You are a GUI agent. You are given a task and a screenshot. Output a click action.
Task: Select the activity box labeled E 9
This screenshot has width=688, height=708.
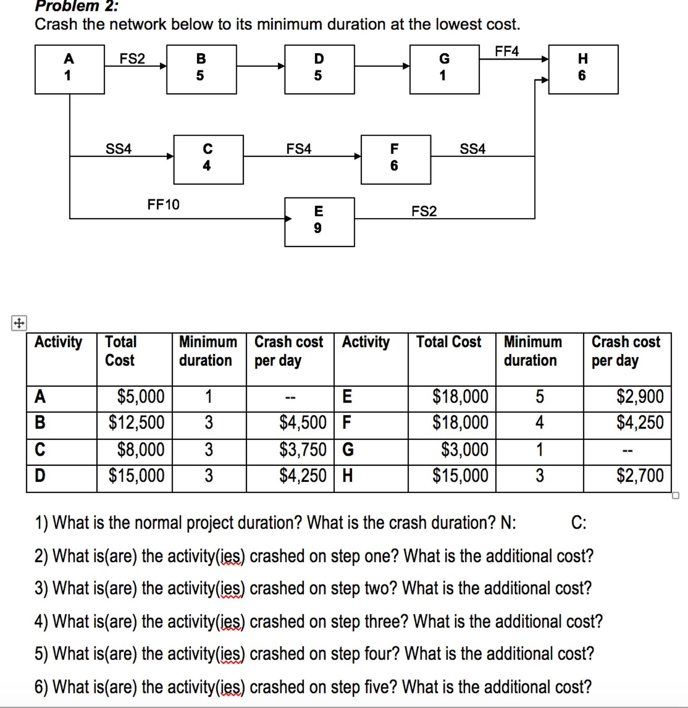point(319,221)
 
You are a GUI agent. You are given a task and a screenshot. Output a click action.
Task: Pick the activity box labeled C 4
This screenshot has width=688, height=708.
point(208,160)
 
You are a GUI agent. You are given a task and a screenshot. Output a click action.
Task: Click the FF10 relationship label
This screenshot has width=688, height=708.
point(163,205)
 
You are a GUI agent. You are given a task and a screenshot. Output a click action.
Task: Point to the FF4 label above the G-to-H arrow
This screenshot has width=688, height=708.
point(506,51)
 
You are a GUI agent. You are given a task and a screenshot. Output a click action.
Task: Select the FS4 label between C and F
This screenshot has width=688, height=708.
point(299,148)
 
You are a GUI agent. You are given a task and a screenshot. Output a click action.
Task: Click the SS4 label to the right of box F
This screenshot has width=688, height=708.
point(472,148)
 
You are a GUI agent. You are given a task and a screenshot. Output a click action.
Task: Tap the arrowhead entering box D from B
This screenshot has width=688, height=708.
point(281,66)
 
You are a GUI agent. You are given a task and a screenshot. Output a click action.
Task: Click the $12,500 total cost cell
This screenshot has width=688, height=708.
point(136,422)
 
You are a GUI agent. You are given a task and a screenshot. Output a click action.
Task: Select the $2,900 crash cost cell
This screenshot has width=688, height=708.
point(640,396)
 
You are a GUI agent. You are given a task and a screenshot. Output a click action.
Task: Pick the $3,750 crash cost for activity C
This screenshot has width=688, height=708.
point(302,449)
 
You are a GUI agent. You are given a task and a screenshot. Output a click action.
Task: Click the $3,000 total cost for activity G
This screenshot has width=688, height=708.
point(464,449)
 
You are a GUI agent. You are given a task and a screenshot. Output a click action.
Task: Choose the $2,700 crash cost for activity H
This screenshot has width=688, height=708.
point(640,475)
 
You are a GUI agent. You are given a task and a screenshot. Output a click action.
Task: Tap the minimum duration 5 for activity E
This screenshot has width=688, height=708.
point(539,397)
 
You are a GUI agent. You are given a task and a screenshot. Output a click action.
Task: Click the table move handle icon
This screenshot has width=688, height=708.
point(19,323)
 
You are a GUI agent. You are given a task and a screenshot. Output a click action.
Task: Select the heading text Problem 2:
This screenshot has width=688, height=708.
point(76,6)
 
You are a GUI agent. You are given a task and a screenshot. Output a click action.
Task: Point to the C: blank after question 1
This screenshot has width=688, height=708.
point(578,523)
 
